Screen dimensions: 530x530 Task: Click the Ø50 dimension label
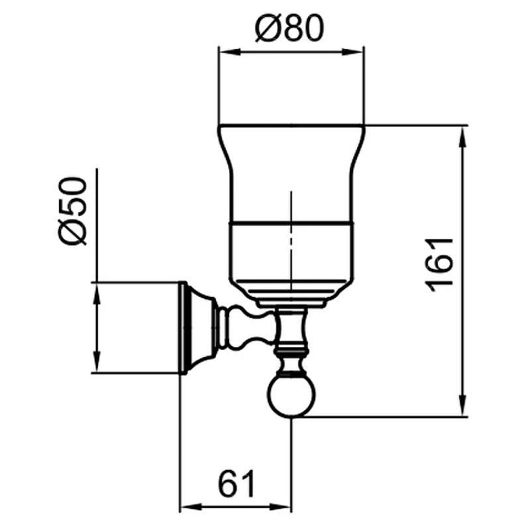[x=72, y=211]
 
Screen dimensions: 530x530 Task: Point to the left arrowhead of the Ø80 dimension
[x=230, y=52]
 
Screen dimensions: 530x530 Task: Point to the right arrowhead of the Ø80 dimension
[x=353, y=52]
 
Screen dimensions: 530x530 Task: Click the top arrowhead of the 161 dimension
[x=463, y=137]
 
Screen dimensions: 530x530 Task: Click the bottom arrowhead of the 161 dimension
[x=463, y=405]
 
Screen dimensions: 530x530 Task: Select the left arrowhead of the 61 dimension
[x=190, y=507]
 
